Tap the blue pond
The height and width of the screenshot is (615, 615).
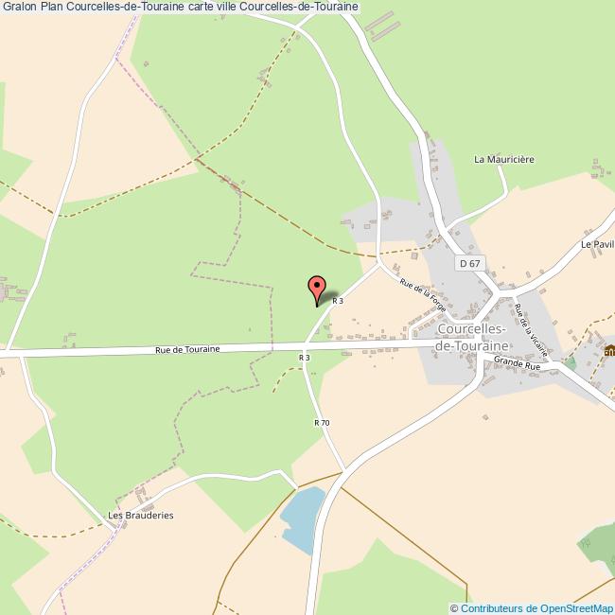[x=301, y=520]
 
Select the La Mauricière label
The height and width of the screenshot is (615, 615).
[x=504, y=160]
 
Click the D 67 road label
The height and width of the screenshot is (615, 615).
[x=467, y=264]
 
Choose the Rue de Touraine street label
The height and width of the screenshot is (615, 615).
[x=187, y=349]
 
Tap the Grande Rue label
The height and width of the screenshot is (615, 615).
[x=518, y=361]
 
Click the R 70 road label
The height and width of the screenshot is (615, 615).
[x=322, y=422]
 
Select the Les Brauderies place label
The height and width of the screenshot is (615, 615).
[x=141, y=516]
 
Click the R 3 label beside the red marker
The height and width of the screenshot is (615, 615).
[x=337, y=301]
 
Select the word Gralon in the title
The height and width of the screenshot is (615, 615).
[x=19, y=7]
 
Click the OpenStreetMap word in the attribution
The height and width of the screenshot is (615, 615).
[x=573, y=608]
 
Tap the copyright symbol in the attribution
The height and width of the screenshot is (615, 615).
[x=455, y=608]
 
